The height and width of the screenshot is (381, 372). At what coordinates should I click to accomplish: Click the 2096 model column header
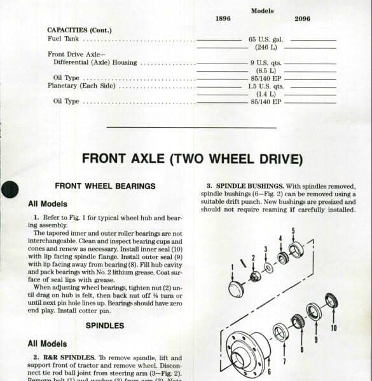[302, 19]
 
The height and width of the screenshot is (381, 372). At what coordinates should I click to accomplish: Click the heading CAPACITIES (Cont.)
[79, 30]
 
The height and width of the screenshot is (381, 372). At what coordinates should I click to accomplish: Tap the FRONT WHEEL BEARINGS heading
[105, 186]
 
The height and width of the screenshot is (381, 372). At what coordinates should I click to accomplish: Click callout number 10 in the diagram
[333, 329]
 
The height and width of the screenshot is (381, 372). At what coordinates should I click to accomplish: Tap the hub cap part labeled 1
[236, 289]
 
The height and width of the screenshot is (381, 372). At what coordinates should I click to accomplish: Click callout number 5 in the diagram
[293, 231]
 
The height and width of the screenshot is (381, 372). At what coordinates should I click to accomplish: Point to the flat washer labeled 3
[268, 268]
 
